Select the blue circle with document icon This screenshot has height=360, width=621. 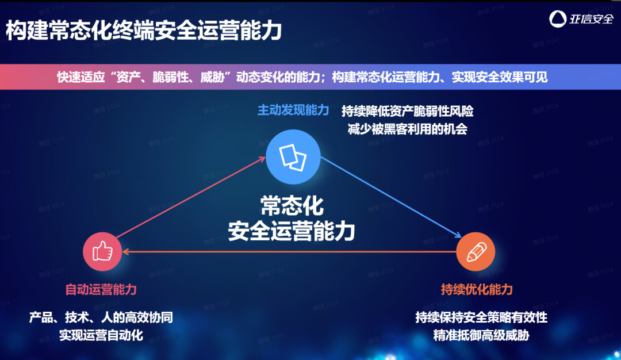(293, 155)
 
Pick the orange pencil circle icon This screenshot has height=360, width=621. (476, 251)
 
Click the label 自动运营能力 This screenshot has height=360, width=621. (101, 289)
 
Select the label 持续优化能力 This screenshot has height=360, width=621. (477, 289)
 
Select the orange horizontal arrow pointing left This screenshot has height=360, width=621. (287, 251)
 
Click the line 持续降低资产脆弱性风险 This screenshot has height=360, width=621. (407, 110)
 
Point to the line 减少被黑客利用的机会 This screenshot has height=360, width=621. (407, 129)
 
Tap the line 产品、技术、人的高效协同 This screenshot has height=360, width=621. (101, 317)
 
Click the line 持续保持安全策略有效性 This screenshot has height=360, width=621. (481, 317)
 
